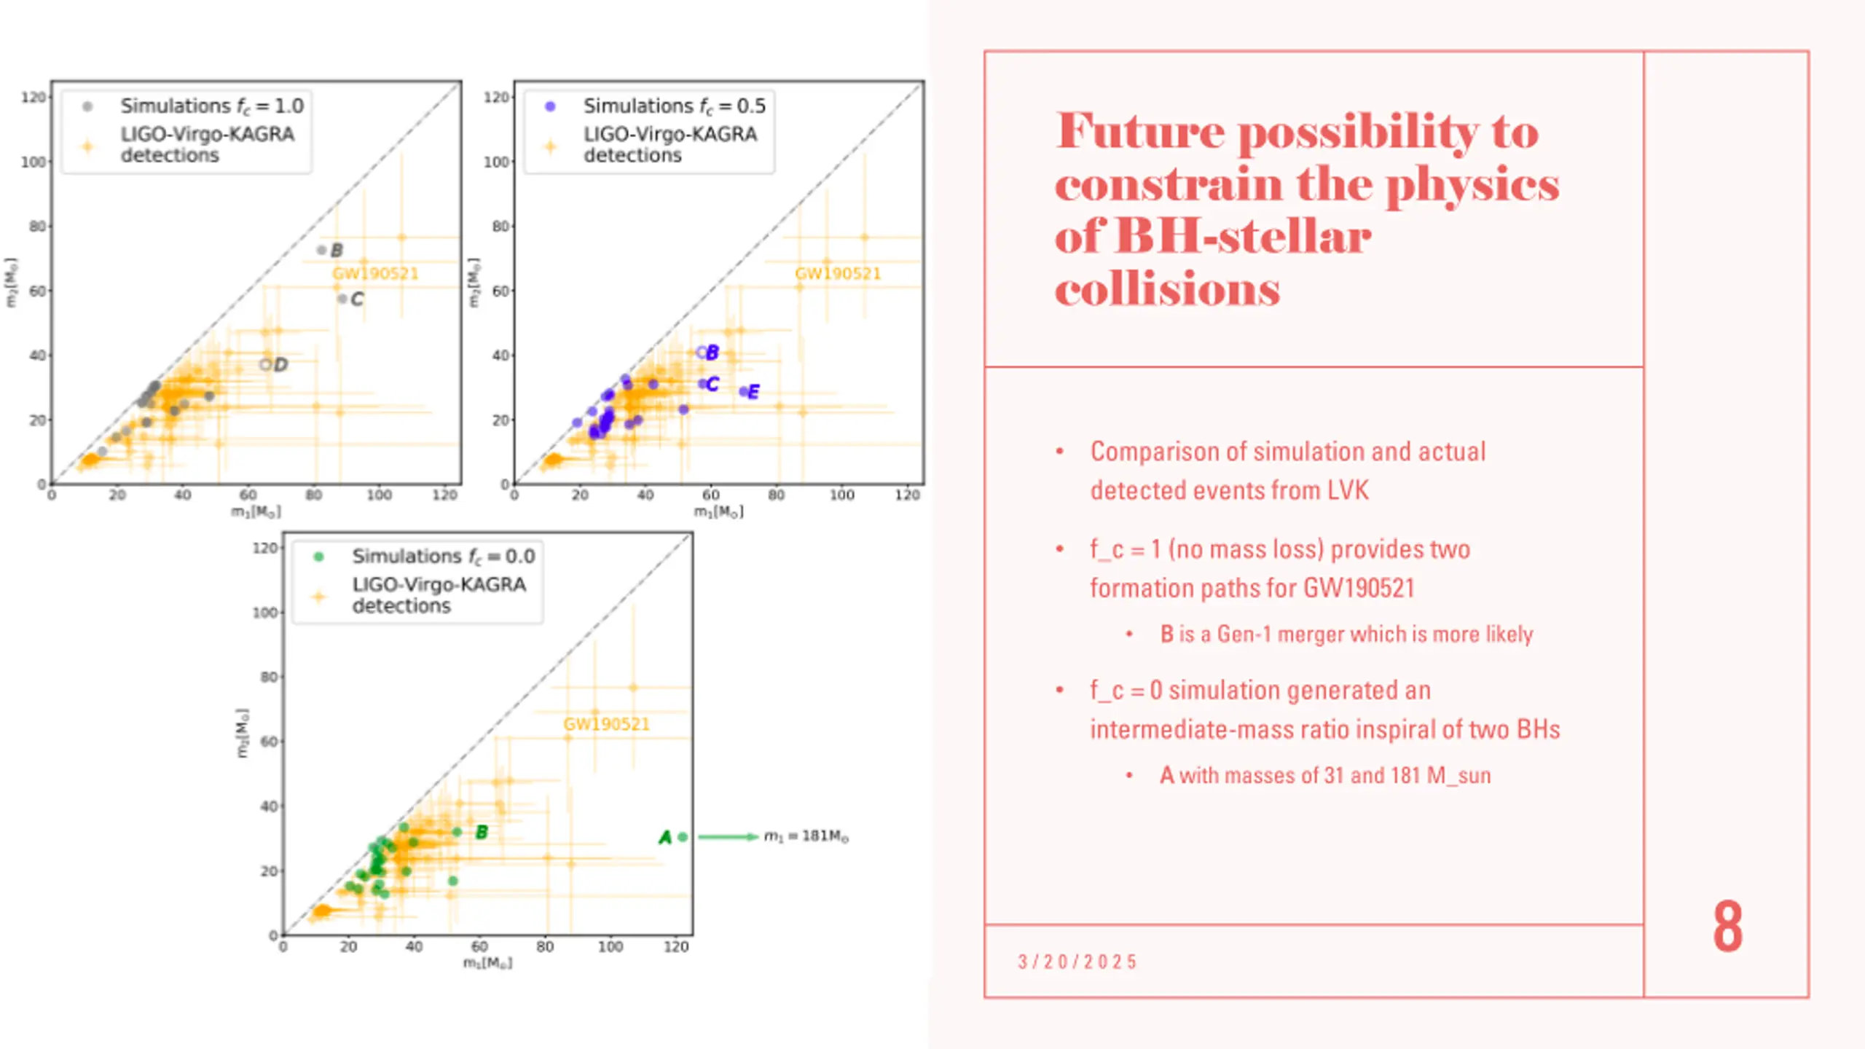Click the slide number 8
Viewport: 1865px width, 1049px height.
1727,926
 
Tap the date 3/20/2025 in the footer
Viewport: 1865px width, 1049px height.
1077,962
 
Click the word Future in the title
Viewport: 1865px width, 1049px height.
1140,132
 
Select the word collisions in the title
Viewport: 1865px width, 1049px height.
1167,290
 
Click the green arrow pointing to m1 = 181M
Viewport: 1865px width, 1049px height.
728,836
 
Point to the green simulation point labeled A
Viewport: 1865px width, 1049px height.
683,837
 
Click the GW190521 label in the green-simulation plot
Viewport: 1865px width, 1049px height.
605,724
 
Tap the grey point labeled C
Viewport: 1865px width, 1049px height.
342,299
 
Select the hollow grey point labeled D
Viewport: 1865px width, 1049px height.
265,364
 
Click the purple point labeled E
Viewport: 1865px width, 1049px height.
743,391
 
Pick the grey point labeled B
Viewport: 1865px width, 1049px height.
321,250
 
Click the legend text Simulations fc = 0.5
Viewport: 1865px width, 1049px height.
674,106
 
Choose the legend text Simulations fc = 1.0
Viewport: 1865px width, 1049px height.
211,106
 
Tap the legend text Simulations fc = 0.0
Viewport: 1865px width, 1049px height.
443,557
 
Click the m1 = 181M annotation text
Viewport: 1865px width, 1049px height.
806,836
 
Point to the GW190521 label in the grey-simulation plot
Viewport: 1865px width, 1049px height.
375,274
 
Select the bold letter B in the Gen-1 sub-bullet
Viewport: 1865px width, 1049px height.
1166,634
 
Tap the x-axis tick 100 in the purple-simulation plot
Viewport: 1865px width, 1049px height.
841,495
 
